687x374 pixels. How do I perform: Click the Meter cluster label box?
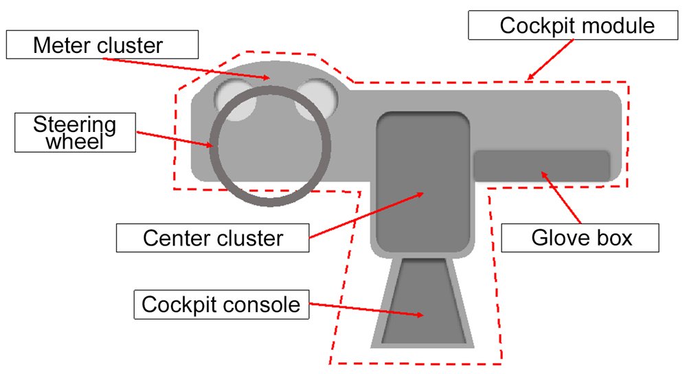(102, 46)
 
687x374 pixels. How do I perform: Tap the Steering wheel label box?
(75, 133)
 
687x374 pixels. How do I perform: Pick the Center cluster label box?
(213, 238)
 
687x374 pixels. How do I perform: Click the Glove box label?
(581, 238)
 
